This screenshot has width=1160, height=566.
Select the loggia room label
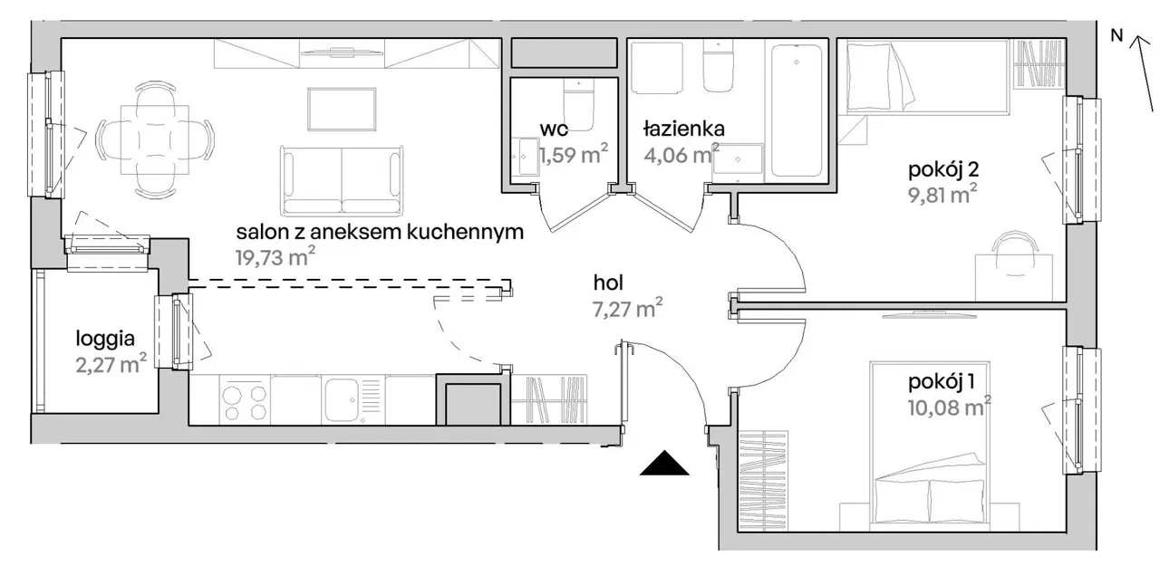105,341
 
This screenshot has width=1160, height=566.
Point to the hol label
609,283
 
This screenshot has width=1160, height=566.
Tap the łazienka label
683,128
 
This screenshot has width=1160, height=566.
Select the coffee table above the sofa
341,110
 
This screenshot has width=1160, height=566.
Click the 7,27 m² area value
623,310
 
